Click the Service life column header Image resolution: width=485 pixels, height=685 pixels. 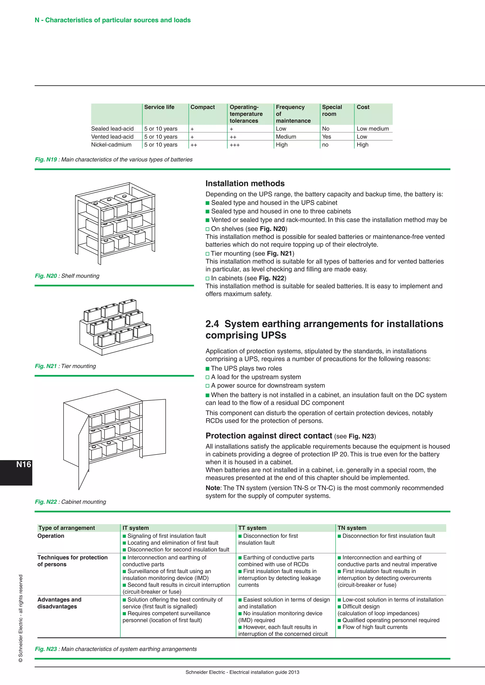pos(159,107)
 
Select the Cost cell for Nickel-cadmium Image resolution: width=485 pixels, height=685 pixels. pos(362,145)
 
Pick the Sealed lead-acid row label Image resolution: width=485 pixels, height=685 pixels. pos(112,129)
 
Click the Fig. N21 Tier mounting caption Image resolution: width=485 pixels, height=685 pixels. pos(65,366)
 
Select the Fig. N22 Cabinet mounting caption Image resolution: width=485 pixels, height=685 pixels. pos(71,502)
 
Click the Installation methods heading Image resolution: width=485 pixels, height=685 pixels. pos(245,184)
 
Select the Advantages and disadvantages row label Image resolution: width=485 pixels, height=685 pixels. pos(59,603)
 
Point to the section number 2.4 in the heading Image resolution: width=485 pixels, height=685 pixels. pos(212,324)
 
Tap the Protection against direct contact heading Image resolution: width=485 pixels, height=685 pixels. pos(269,436)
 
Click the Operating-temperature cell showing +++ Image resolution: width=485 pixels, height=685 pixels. pos(235,145)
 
